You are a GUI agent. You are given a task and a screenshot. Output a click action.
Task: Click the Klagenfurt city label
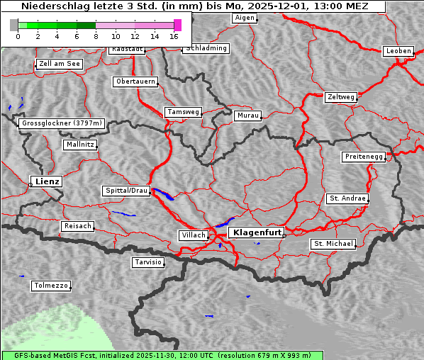[x=257, y=232]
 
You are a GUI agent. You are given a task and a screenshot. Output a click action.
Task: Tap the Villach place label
[x=193, y=235]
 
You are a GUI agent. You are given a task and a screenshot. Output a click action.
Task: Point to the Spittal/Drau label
[x=126, y=191]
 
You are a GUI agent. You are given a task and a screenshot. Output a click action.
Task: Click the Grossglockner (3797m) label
[x=62, y=123]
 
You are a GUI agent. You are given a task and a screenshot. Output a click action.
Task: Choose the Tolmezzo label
[x=50, y=286]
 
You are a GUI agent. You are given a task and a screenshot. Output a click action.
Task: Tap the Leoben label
[x=398, y=51]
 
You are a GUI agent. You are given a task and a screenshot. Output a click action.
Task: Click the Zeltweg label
[x=340, y=96]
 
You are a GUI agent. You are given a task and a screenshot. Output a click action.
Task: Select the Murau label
[x=248, y=115]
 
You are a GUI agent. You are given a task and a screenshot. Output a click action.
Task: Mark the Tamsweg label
[x=184, y=112]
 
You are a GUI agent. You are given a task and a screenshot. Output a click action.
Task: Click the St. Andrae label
[x=347, y=198]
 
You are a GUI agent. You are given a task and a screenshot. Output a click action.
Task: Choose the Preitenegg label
[x=364, y=157]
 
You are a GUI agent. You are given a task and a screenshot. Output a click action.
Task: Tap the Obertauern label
[x=135, y=81]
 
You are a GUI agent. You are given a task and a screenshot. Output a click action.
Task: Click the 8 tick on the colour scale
[x=96, y=36]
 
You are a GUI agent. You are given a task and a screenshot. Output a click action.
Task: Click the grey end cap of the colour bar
[x=14, y=25]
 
